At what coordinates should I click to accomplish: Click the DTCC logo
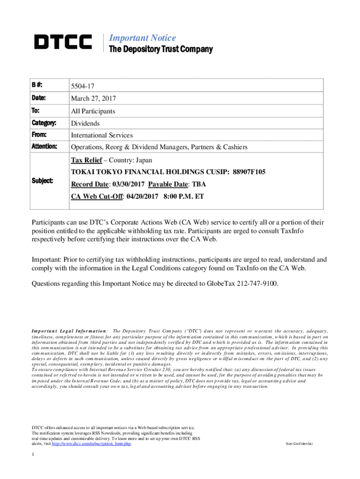(x=63, y=43)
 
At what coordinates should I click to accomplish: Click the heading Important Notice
(x=142, y=38)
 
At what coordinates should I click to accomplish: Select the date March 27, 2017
(x=93, y=99)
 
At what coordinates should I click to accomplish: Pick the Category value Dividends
(x=86, y=123)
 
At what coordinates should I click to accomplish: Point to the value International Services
(x=102, y=135)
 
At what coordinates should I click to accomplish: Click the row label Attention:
(x=44, y=147)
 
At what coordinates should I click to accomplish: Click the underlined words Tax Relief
(x=86, y=160)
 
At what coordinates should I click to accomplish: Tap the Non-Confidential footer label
(x=300, y=444)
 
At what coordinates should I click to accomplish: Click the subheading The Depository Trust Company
(x=160, y=50)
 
